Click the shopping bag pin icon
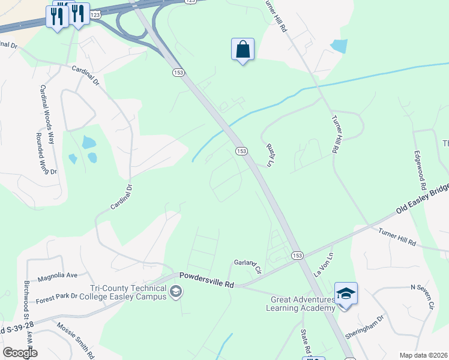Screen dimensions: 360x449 [243, 50]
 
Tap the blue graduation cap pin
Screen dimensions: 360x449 [346, 294]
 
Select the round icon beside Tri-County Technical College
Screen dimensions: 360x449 [176, 292]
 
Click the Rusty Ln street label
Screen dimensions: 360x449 [270, 154]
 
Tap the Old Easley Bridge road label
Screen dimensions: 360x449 [423, 199]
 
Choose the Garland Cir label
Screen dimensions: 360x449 [248, 266]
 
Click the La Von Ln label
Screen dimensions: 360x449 [322, 264]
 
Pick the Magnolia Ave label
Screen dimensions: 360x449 [58, 276]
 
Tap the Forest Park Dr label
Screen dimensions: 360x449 [56, 296]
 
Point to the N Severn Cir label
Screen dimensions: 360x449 [421, 296]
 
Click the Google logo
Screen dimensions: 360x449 [20, 353]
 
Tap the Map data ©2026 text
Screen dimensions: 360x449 [423, 355]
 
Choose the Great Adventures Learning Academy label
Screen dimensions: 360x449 [303, 304]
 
